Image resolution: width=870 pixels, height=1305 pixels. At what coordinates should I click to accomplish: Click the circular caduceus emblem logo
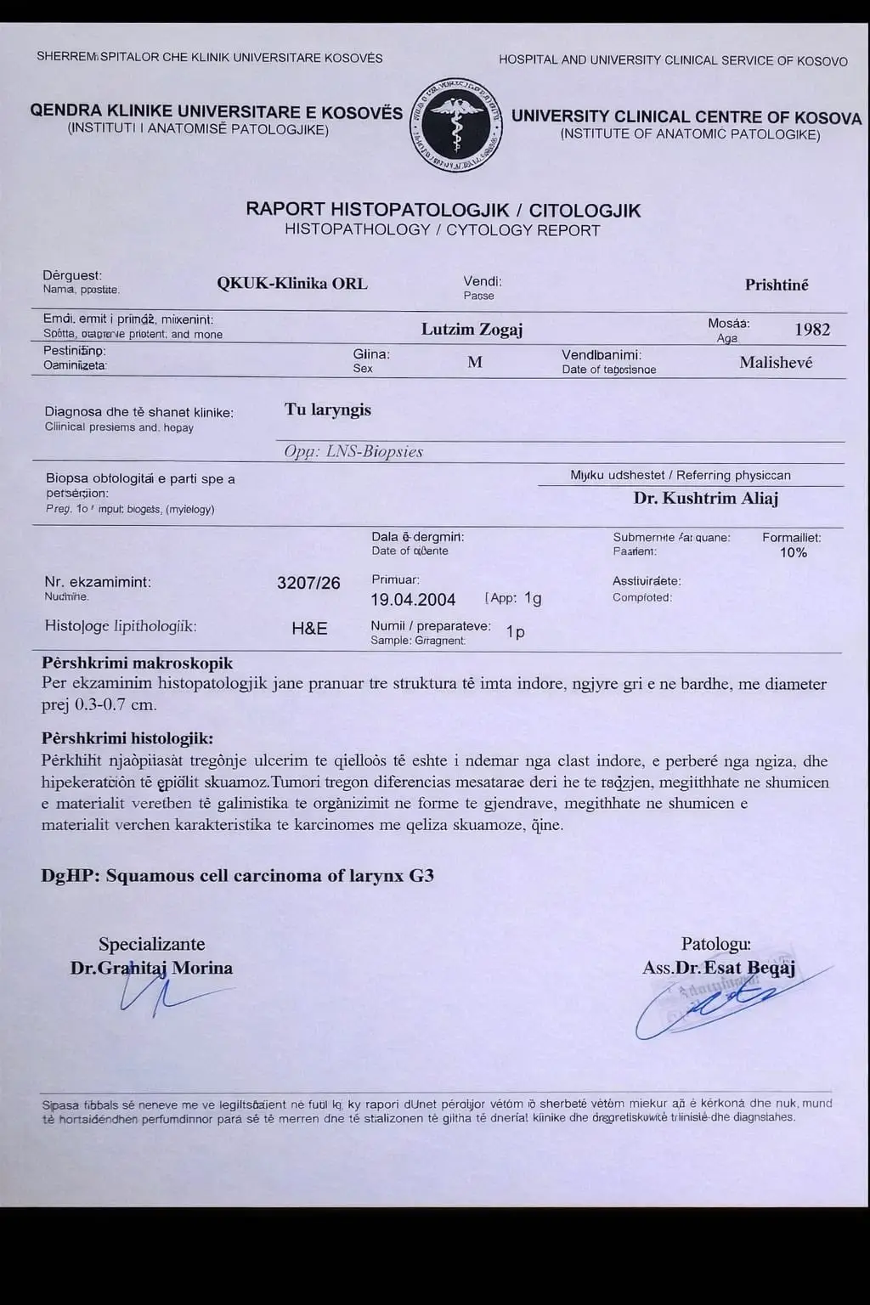[x=456, y=125]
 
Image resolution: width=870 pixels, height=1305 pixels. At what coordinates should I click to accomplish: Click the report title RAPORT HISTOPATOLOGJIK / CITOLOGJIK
[x=443, y=209]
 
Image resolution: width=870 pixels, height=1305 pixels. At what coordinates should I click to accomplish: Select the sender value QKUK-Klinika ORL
[x=292, y=284]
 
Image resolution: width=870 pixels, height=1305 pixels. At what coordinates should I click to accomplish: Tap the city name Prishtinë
[x=777, y=285]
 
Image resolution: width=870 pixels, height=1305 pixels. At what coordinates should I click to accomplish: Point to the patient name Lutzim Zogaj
[x=472, y=330]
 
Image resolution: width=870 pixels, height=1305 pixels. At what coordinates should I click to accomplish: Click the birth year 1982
[x=812, y=329]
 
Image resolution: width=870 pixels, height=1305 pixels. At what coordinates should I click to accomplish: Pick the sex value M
[x=475, y=362]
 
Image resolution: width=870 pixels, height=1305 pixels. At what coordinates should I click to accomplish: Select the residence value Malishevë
[x=776, y=363]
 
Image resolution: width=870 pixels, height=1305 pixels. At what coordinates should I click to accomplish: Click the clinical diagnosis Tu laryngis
[x=328, y=410]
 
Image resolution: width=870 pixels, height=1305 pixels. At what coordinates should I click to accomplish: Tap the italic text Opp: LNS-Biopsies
[x=353, y=452]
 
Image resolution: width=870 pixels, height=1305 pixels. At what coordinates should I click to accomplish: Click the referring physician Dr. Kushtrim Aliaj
[x=706, y=498]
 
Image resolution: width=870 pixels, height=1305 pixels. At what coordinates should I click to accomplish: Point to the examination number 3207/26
[x=308, y=583]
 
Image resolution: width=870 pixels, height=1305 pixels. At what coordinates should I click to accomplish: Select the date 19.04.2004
[x=413, y=600]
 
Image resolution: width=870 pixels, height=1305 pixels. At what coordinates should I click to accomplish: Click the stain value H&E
[x=309, y=629]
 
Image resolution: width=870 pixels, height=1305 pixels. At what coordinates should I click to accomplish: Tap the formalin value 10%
[x=794, y=552]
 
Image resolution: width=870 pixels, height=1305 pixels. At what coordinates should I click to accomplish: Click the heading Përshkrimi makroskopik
[x=137, y=663]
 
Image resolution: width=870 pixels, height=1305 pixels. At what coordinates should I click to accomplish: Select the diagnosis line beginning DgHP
[x=238, y=875]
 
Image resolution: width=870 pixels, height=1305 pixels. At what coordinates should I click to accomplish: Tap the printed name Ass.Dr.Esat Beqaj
[x=719, y=968]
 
